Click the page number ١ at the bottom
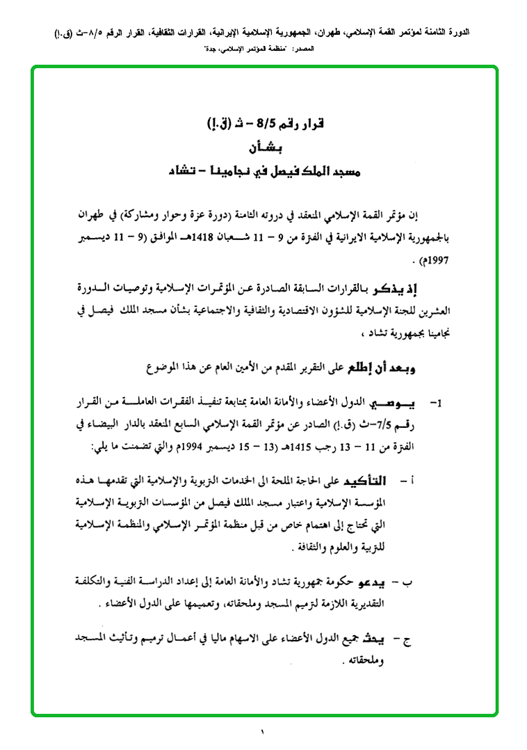[263, 732]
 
